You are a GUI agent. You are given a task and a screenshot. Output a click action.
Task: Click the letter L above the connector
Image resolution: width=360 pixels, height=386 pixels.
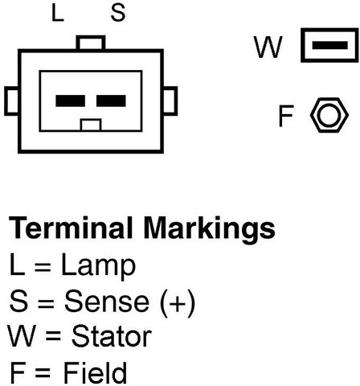tap(57, 13)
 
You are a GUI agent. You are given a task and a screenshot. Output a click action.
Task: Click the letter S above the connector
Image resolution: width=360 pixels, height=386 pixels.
tap(118, 13)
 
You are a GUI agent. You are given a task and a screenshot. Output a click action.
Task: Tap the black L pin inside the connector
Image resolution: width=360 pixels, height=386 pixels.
tap(70, 101)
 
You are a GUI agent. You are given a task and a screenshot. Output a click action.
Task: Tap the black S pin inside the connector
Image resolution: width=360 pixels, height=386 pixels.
tap(111, 101)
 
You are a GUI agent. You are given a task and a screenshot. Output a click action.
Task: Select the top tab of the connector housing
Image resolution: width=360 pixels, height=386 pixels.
tap(91, 43)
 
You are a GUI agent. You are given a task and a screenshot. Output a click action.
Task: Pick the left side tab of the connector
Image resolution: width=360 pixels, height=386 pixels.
tap(12, 101)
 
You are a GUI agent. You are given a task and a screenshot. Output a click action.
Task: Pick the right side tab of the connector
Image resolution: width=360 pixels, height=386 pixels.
tap(170, 101)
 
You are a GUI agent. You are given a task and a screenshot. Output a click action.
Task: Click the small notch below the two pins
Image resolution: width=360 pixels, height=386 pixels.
tap(91, 125)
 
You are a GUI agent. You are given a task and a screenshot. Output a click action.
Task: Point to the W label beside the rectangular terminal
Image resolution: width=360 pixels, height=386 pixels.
tap(268, 47)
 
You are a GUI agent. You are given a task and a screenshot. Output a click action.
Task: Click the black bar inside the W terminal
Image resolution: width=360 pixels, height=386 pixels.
tap(330, 45)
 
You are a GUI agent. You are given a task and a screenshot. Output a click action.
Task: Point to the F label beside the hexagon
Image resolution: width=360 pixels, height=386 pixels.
tap(286, 116)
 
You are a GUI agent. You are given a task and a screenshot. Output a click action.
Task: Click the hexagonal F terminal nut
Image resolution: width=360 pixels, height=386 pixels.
tap(329, 115)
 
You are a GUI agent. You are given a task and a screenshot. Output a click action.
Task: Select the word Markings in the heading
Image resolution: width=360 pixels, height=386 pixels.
tap(210, 230)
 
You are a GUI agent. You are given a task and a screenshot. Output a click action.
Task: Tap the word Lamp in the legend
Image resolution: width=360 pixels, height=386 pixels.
tap(99, 267)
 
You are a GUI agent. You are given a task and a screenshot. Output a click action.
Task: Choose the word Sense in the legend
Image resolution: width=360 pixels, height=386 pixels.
tap(107, 302)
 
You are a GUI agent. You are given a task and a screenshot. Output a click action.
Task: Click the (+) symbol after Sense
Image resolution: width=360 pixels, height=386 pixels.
tap(178, 303)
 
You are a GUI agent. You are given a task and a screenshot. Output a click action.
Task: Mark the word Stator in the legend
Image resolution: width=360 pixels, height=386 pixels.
tap(112, 336)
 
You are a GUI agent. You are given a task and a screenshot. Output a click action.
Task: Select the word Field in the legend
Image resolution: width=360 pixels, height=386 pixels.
tap(95, 372)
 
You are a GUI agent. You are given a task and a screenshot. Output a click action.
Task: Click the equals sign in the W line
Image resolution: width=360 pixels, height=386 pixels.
tap(53, 335)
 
